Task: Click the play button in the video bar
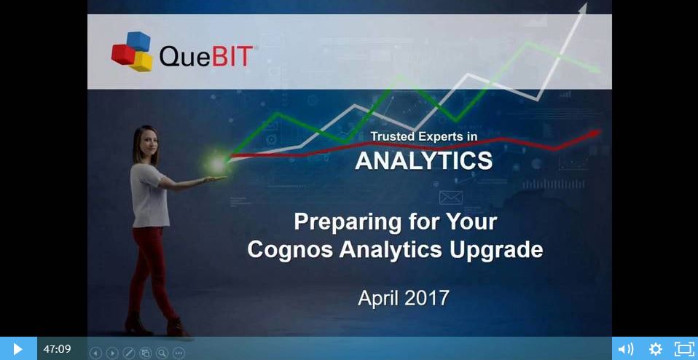click(17, 349)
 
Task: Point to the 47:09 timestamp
click(57, 349)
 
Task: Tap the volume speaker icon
click(625, 349)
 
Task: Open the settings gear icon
click(655, 349)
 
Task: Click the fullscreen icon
click(684, 349)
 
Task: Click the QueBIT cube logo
click(132, 51)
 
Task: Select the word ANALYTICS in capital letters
click(423, 160)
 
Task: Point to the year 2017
click(427, 298)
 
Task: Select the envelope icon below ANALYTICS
click(451, 197)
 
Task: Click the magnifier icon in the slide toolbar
click(162, 353)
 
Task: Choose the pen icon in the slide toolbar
click(129, 353)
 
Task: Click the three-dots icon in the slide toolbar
click(179, 353)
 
